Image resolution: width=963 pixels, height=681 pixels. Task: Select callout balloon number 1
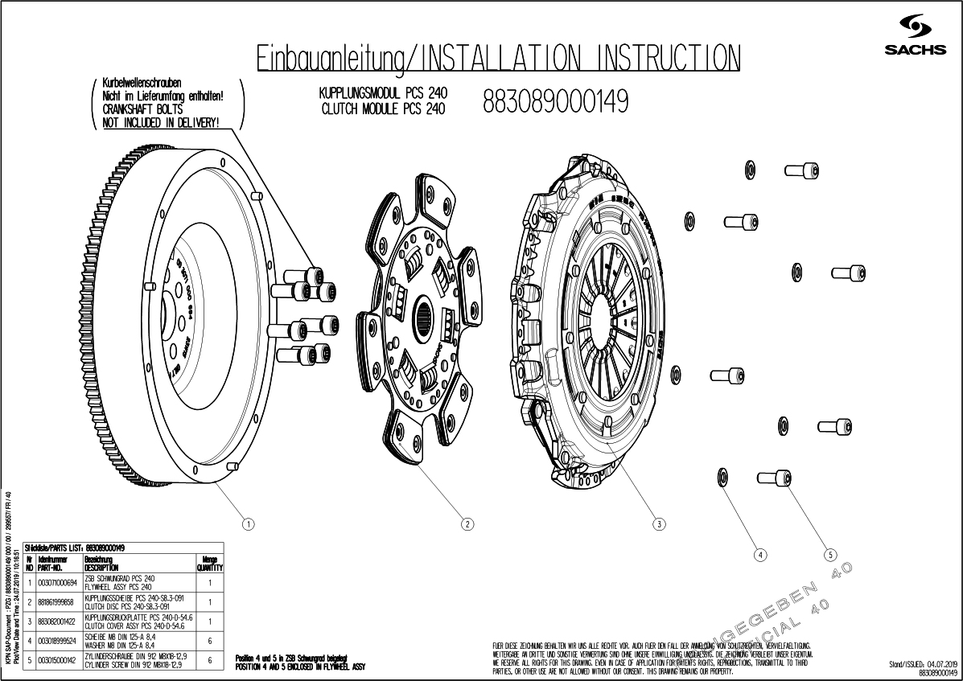click(x=249, y=524)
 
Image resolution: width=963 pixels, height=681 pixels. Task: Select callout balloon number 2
click(x=467, y=524)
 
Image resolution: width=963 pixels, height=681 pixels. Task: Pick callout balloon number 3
click(x=659, y=524)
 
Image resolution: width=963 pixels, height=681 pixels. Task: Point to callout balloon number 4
click(x=759, y=554)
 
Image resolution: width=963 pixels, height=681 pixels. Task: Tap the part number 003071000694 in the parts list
click(x=56, y=582)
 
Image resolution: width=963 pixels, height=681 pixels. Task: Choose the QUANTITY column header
click(x=209, y=562)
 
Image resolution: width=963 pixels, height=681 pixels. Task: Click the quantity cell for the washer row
click(x=209, y=641)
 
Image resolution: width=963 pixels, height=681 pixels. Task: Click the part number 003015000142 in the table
click(x=56, y=660)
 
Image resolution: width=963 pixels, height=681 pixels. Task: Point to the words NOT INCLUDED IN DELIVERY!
click(x=161, y=121)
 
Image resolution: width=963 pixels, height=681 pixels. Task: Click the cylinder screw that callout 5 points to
click(x=771, y=478)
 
